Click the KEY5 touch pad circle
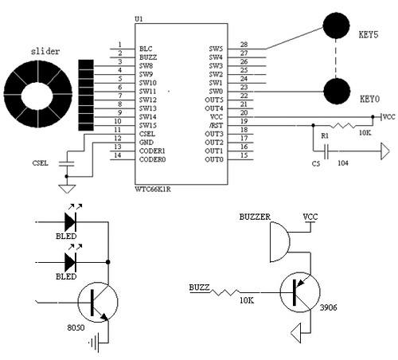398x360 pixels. point(336,25)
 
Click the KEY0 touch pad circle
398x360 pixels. point(337,92)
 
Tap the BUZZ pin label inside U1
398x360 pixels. point(148,57)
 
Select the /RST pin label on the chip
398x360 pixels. point(216,125)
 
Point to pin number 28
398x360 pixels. point(244,45)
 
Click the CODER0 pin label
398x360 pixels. point(152,159)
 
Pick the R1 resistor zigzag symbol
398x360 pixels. point(344,125)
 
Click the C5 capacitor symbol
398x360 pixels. point(326,151)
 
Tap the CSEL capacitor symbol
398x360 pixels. point(67,163)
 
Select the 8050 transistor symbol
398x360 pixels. point(98,302)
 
